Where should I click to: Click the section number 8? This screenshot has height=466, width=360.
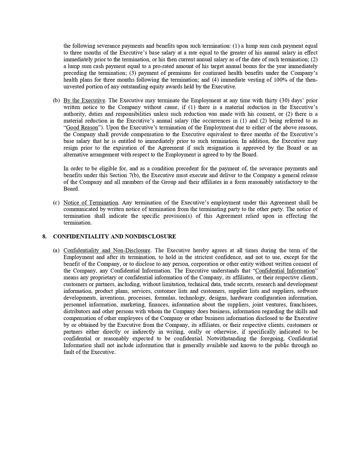[44, 236]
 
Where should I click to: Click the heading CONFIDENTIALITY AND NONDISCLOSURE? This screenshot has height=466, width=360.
[114, 236]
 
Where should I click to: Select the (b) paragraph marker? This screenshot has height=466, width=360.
[56, 100]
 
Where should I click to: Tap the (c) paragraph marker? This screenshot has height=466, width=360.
[56, 203]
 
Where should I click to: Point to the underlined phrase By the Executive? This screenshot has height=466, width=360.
[84, 100]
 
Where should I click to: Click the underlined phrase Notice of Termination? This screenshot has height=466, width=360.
[91, 203]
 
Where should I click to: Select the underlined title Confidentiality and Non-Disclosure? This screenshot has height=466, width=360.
[107, 250]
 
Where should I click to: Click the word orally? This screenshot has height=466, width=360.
[194, 332]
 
